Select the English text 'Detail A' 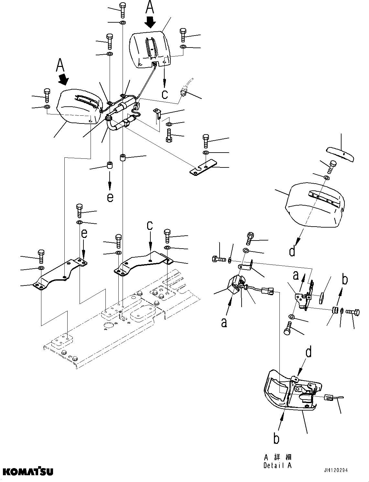277,466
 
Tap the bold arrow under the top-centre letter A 150,22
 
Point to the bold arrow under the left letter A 64,79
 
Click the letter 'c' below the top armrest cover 165,94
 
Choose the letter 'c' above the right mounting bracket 150,226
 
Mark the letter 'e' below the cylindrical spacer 110,197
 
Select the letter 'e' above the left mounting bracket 84,234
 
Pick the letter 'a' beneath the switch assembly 224,322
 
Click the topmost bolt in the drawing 123,10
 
